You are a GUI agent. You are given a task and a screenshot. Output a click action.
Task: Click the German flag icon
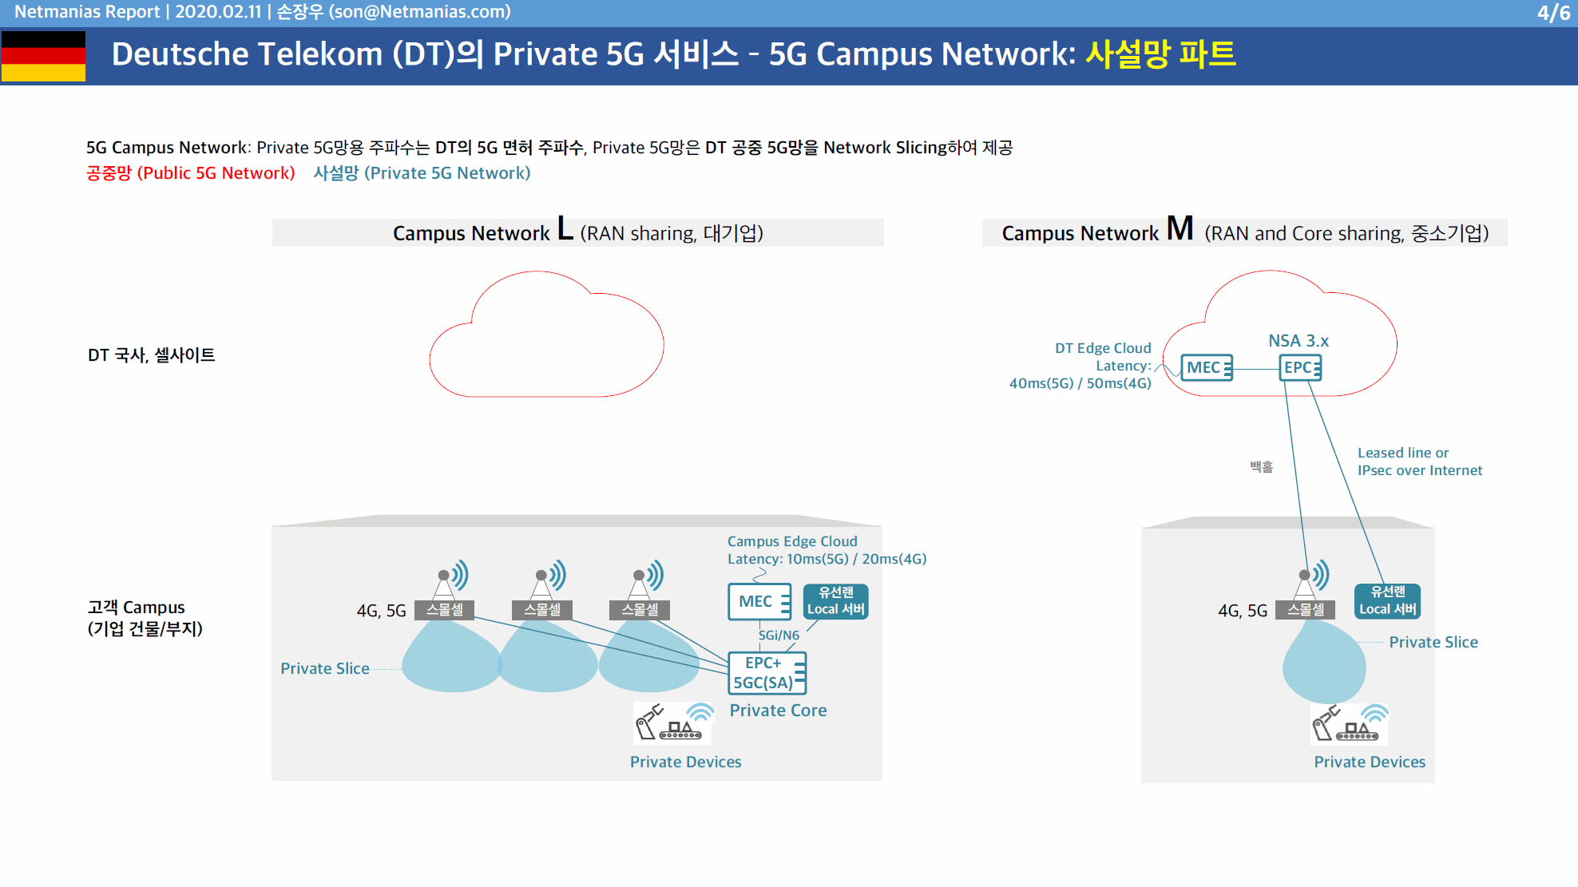43,56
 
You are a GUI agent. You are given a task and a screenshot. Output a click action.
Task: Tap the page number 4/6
1553,13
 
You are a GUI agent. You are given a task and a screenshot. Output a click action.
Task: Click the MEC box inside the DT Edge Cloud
1207,367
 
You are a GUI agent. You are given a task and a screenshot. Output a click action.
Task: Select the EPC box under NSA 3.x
1301,367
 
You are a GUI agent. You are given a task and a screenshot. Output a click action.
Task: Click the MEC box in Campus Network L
759,602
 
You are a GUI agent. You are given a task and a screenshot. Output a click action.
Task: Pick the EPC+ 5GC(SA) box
767,673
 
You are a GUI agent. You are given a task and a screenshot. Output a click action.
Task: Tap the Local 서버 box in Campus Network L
835,601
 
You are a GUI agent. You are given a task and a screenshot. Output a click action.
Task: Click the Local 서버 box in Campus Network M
1388,600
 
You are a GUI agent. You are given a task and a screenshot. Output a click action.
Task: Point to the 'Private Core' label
778,711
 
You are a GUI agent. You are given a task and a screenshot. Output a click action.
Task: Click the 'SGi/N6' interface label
779,636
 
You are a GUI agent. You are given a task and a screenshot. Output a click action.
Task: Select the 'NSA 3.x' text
1298,341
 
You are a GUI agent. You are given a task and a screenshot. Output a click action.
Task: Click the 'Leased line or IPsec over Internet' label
1420,461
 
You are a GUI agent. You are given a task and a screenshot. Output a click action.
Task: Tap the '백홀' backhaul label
1262,467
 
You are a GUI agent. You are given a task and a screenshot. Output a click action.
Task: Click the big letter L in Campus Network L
565,228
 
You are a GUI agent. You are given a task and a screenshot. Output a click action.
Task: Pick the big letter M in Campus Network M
1180,228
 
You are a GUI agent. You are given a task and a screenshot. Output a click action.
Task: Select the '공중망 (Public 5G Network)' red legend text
191,173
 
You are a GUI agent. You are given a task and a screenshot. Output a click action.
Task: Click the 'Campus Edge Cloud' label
792,541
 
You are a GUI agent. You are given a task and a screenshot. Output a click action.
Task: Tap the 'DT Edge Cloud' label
1103,348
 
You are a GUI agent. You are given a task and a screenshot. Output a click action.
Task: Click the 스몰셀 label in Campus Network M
1306,610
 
